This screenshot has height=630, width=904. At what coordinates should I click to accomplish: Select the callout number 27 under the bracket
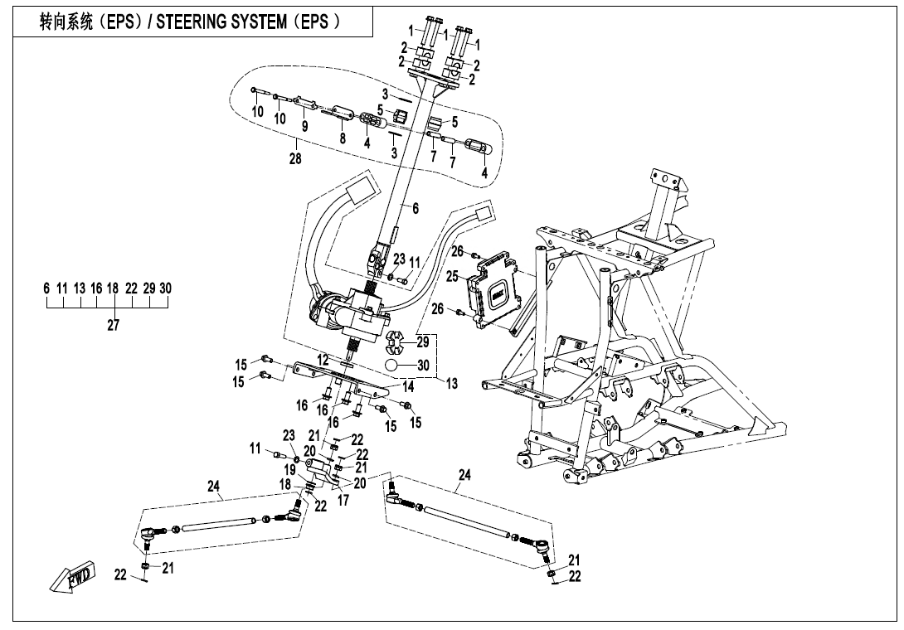(113, 326)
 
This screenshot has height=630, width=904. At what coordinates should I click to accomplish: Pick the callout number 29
(423, 341)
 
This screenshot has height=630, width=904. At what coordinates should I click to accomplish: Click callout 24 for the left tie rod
(213, 488)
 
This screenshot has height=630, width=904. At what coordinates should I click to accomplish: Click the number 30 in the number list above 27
(166, 288)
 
